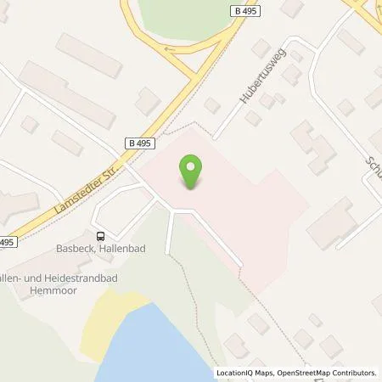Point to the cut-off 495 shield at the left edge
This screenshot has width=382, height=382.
[7, 242]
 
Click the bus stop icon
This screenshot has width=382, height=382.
[101, 237]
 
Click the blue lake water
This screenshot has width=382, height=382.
[170, 348]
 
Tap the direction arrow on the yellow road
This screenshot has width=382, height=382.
[175, 48]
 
